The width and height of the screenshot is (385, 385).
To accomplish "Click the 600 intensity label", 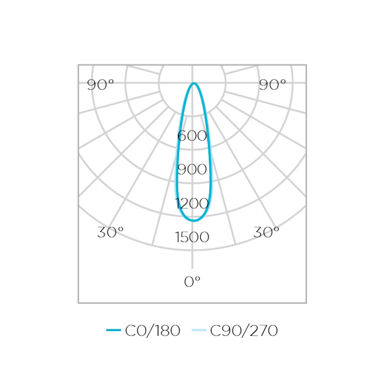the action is click(x=192, y=136).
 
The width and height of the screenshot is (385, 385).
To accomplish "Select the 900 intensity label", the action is click(x=192, y=169).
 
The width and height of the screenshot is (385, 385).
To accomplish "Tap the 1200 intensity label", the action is click(x=192, y=204).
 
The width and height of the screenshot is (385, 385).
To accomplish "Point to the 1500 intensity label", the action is click(x=192, y=237).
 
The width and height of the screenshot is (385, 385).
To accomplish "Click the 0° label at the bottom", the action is click(x=192, y=282).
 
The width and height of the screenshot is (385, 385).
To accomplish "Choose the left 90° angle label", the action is click(x=101, y=85).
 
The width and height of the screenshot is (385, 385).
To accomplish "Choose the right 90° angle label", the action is click(x=273, y=85).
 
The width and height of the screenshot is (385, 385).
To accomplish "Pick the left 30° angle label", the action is click(x=110, y=232).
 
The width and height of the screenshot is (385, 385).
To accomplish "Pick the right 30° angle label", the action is click(x=267, y=232).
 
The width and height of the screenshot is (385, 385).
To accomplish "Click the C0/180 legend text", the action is click(x=153, y=331).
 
